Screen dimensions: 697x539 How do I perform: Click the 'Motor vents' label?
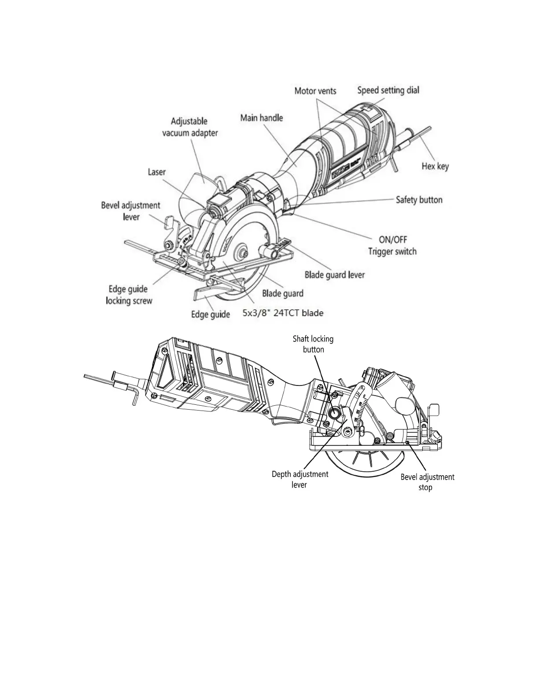315,91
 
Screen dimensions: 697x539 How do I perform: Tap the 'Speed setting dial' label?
388,90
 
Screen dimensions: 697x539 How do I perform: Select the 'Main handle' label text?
262,118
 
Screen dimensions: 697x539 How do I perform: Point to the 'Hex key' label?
435,166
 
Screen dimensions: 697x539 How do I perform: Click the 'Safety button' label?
419,200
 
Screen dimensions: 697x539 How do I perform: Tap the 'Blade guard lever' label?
335,275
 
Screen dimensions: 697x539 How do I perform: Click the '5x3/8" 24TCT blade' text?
283,313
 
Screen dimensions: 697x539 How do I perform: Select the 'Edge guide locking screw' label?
129,295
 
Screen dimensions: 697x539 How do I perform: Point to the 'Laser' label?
156,172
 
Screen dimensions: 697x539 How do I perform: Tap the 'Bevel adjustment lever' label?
131,211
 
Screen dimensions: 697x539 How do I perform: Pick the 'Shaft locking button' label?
313,344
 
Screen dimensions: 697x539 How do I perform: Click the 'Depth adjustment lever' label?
299,479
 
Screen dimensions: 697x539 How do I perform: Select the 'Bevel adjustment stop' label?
427,482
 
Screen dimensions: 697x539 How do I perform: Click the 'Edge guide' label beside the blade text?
210,314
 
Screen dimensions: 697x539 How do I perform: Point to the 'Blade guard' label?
283,293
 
